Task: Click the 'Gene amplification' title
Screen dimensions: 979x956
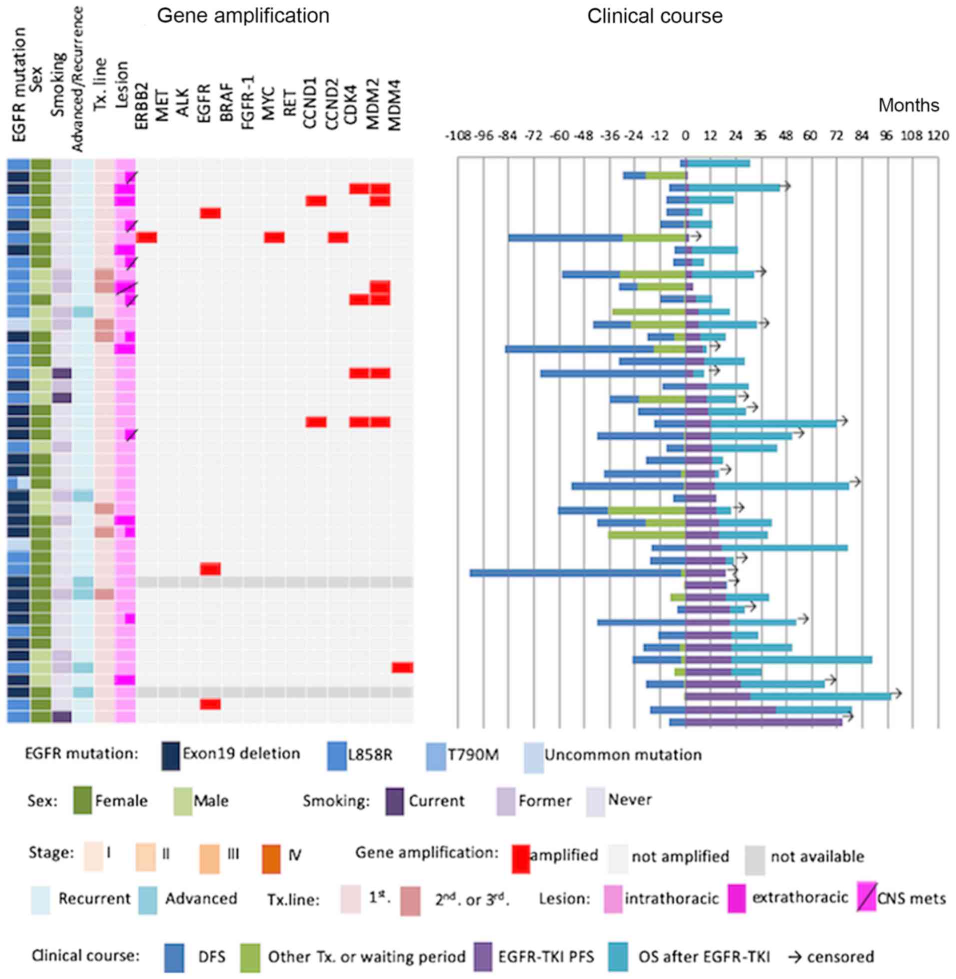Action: pyautogui.click(x=243, y=16)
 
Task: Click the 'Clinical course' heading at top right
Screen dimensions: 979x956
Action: pyautogui.click(x=655, y=16)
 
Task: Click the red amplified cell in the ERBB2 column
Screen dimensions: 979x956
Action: pyautogui.click(x=146, y=237)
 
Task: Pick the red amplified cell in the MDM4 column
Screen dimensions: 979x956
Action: pyautogui.click(x=403, y=667)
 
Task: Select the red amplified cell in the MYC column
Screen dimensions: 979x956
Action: pyautogui.click(x=275, y=237)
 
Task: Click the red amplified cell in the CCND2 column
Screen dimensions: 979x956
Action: pyautogui.click(x=338, y=237)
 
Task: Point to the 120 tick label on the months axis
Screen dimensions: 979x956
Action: pyautogui.click(x=938, y=135)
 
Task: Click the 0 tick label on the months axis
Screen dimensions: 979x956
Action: pyautogui.click(x=685, y=135)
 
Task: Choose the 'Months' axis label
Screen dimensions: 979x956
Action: pyautogui.click(x=909, y=105)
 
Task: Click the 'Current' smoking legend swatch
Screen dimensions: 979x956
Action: pyautogui.click(x=395, y=801)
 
